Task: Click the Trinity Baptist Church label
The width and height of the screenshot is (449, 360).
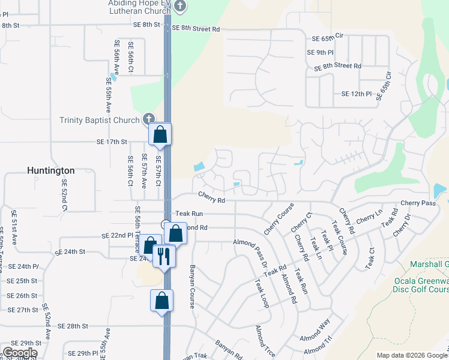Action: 100,120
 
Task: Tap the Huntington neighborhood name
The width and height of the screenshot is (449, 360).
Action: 51,170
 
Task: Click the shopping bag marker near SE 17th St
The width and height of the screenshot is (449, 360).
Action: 160,134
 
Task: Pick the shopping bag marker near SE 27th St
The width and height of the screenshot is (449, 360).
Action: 162,300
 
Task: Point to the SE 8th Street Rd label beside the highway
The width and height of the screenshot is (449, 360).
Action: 196,29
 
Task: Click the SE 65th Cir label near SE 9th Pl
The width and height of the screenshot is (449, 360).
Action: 327,37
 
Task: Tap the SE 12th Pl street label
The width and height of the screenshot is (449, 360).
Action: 357,94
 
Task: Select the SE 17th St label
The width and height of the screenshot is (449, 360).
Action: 112,142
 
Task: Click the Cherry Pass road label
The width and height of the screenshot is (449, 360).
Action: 418,203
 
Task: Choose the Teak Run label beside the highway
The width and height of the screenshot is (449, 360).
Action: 189,214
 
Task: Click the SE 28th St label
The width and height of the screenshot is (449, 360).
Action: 73,326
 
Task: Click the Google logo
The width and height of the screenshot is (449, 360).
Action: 20,352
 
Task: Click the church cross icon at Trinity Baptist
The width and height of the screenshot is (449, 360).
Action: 149,119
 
